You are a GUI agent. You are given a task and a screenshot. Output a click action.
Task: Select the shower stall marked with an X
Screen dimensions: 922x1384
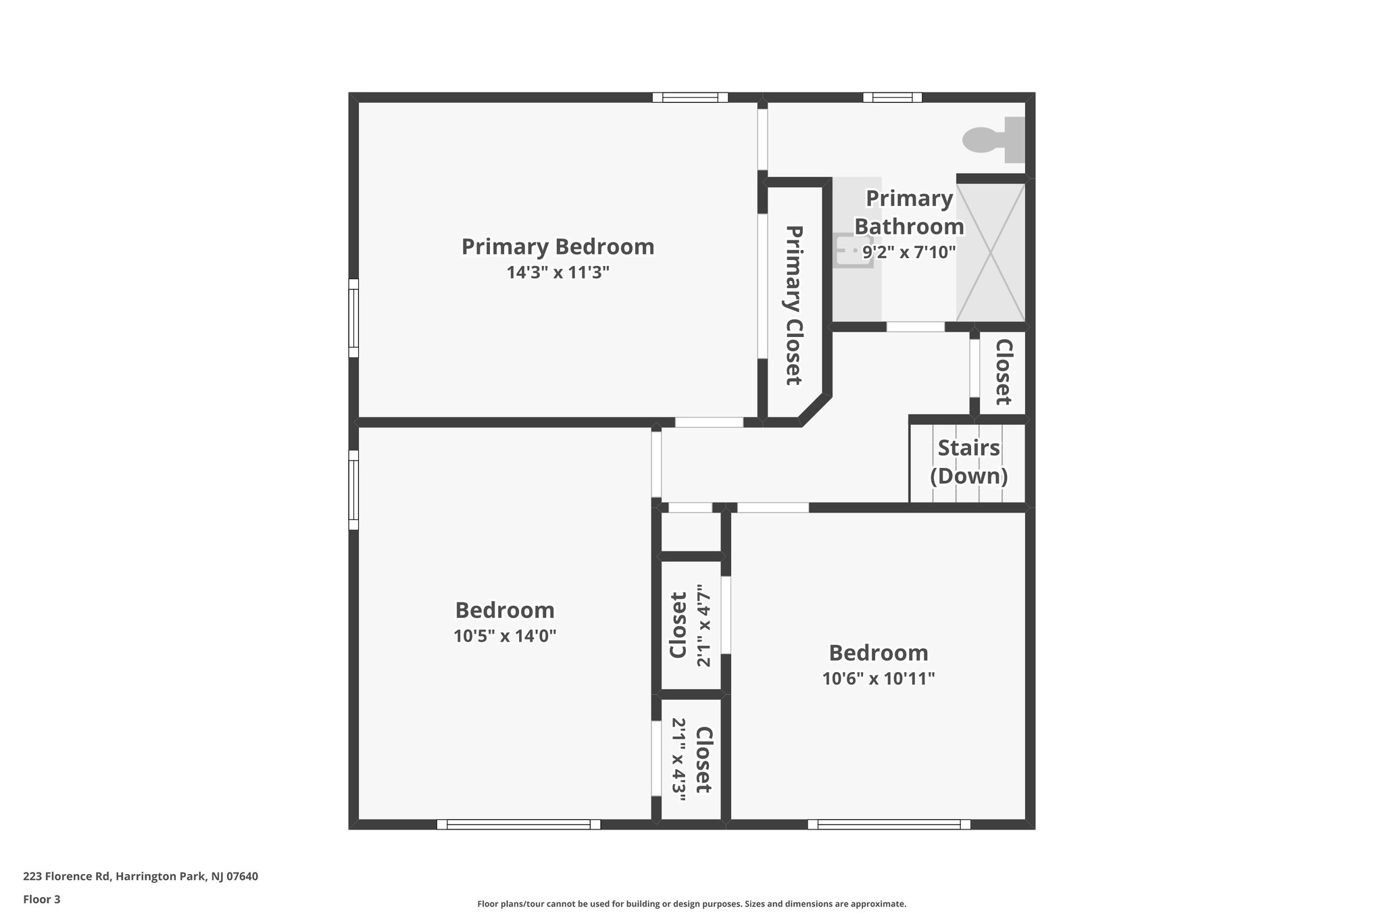991,251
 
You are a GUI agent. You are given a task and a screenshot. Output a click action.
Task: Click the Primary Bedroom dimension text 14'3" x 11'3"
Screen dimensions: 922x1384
558,273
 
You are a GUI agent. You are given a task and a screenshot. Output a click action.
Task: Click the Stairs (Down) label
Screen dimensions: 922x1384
968,462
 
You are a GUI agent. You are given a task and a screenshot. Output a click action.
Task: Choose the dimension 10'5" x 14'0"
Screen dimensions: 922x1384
505,636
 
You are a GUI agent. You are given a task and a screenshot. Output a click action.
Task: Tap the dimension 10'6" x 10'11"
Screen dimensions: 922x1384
879,678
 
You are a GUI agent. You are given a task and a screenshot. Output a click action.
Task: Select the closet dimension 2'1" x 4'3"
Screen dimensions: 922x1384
679,759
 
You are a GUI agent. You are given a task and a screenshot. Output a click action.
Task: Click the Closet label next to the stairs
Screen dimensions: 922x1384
1004,372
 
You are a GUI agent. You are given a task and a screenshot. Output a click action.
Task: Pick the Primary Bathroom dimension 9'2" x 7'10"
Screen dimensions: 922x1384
909,253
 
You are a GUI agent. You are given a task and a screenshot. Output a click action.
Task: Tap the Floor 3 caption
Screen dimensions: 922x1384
42,899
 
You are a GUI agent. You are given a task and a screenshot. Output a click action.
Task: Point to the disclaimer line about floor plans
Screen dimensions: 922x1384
691,904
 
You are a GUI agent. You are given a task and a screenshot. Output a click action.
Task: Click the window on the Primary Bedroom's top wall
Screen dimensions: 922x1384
690,97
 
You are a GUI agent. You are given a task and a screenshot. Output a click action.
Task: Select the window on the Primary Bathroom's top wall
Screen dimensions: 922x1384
892,97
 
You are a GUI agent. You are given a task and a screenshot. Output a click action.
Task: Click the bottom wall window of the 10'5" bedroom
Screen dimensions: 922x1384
518,824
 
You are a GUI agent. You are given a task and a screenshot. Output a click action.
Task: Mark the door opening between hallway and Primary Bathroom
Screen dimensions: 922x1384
915,327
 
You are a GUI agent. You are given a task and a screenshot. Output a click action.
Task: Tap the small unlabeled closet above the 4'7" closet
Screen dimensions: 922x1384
691,532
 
